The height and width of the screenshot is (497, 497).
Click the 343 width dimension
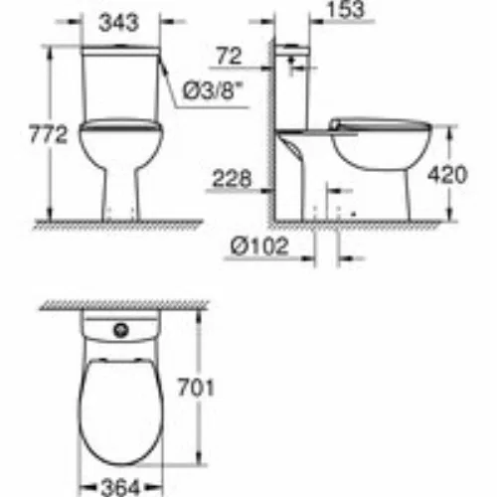pyautogui.click(x=118, y=23)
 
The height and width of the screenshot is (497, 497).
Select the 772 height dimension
pyautogui.click(x=48, y=134)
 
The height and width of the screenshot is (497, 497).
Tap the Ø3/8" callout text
pyautogui.click(x=212, y=90)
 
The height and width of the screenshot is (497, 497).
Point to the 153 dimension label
pyautogui.click(x=345, y=9)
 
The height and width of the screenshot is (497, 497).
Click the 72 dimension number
pyautogui.click(x=229, y=56)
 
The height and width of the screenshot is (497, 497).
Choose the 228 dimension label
pyautogui.click(x=232, y=178)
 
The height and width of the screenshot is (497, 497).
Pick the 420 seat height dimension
pyautogui.click(x=447, y=174)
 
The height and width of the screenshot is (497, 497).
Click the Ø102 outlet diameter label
pyautogui.click(x=259, y=247)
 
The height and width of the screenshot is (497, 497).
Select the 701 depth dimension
pyautogui.click(x=196, y=388)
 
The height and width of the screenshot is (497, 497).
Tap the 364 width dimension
pyautogui.click(x=120, y=488)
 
